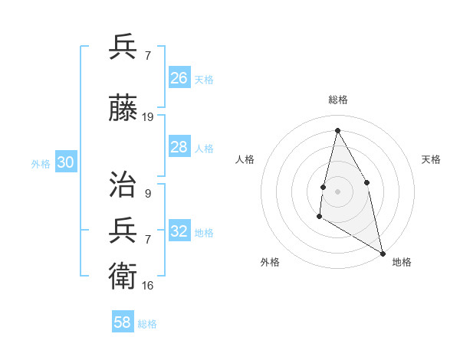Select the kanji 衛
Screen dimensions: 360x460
tap(123, 273)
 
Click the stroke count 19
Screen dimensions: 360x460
tap(148, 117)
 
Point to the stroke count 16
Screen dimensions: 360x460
tap(148, 285)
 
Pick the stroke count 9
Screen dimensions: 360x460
tap(147, 194)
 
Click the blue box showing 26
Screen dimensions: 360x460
tap(179, 78)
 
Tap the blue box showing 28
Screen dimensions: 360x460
tap(179, 147)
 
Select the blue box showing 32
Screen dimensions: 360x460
tap(179, 231)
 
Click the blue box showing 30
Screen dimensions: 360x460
tap(65, 162)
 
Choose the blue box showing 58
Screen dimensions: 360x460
tap(123, 322)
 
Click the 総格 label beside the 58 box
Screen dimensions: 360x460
tap(148, 324)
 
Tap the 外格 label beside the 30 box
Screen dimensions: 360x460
tap(41, 163)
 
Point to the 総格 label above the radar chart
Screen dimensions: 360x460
tap(337, 100)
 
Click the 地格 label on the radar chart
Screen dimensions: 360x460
tap(402, 262)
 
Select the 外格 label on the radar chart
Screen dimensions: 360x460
tap(270, 262)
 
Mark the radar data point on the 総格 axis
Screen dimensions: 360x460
tap(337, 130)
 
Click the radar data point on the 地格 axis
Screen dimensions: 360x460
tap(383, 254)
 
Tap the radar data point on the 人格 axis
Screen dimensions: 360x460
tap(324, 187)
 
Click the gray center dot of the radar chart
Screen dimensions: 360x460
tap(337, 191)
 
